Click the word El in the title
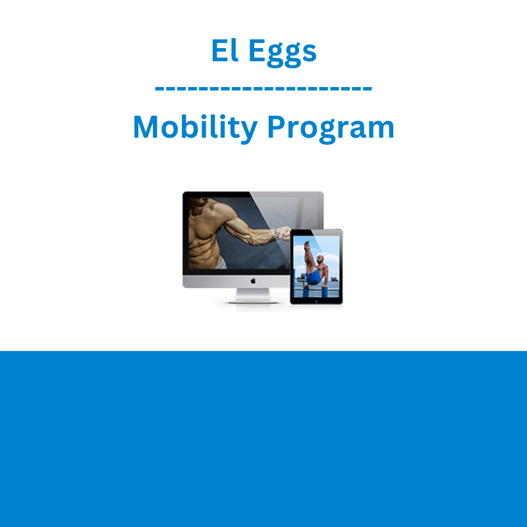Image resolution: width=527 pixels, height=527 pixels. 225,50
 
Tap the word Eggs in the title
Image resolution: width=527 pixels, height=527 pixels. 283,53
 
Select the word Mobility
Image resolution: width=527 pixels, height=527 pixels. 195,128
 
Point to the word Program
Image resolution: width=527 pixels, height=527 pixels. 331,129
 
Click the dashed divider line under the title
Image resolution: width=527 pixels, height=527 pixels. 263,89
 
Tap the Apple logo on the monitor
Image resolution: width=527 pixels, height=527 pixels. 253,281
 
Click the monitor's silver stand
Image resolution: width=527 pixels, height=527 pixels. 253,295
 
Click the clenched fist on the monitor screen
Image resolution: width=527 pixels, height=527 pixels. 283,233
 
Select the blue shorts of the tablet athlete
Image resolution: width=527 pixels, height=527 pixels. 314,277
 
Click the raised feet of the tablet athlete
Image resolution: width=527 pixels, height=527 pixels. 306,244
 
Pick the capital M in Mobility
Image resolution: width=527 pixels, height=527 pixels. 146,126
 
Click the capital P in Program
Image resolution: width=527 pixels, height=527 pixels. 275,126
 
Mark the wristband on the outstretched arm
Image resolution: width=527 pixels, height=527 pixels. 277,233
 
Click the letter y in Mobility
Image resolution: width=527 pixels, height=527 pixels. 249,131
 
